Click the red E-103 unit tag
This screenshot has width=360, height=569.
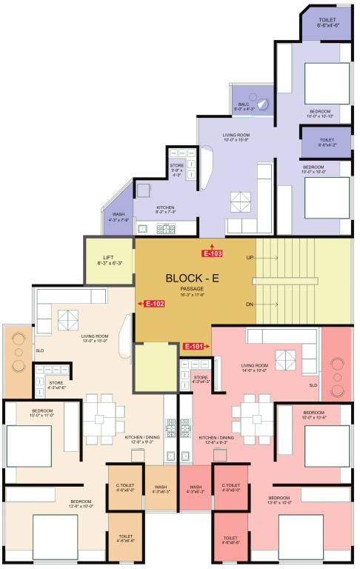213,253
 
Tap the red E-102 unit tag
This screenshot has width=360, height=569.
154,303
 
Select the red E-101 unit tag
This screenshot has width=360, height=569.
193,345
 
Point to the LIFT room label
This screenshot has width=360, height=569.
109,258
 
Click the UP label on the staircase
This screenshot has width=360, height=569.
250,257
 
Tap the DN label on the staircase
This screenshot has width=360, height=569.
250,304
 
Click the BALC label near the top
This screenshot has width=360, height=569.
243,104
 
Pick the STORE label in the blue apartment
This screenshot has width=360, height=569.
177,165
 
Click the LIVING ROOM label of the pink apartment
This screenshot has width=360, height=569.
254,365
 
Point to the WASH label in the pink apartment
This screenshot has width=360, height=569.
196,487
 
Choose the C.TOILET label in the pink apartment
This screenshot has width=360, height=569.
230,487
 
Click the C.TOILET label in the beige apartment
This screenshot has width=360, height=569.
124,487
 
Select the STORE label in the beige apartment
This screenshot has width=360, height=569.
56,383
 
